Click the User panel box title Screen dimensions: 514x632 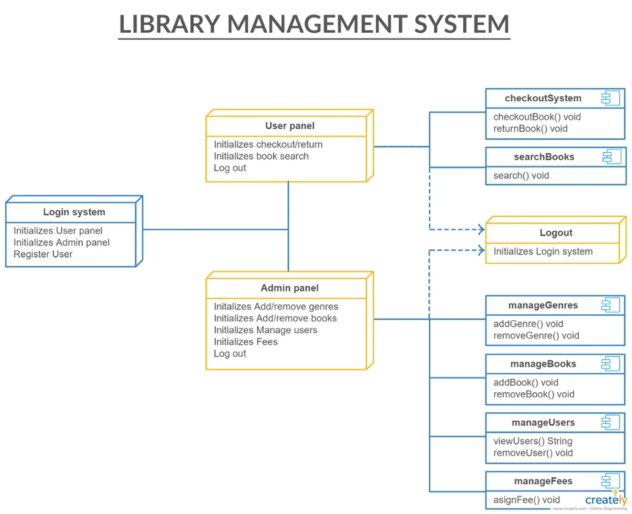pyautogui.click(x=289, y=126)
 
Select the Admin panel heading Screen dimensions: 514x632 pyautogui.click(x=289, y=288)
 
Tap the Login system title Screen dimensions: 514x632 pyautogui.click(x=74, y=212)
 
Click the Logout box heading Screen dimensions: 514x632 pyautogui.click(x=556, y=233)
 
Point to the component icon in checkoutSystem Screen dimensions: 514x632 pyautogui.click(x=611, y=99)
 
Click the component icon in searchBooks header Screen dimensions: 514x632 pyautogui.click(x=611, y=157)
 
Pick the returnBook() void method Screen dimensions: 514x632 pyautogui.click(x=530, y=129)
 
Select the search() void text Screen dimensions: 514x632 pyautogui.click(x=521, y=176)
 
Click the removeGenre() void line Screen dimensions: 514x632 pyautogui.click(x=536, y=336)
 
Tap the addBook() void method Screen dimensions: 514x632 pyautogui.click(x=526, y=383)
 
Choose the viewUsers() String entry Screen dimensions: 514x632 pyautogui.click(x=533, y=441)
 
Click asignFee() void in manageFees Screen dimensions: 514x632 pyautogui.click(x=526, y=500)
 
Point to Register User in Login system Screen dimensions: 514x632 pyautogui.click(x=43, y=254)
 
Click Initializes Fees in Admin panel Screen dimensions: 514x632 pyautogui.click(x=246, y=342)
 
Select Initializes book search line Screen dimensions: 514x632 pyautogui.click(x=261, y=157)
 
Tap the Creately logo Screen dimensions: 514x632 pyautogui.click(x=605, y=499)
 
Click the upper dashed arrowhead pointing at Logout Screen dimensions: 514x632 pyautogui.click(x=480, y=230)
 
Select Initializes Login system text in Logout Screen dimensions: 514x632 pyautogui.click(x=543, y=251)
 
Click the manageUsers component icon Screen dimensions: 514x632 pyautogui.click(x=611, y=423)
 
